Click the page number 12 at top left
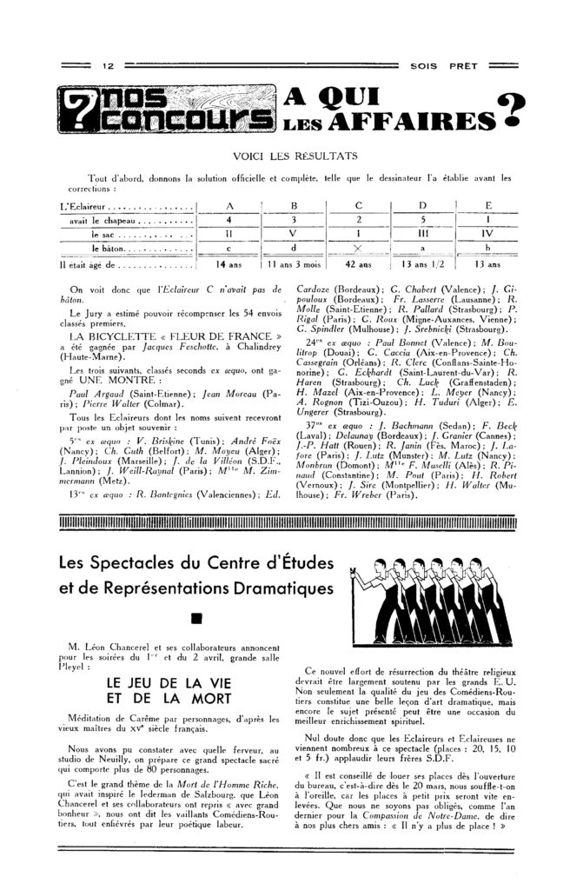tap(109, 66)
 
